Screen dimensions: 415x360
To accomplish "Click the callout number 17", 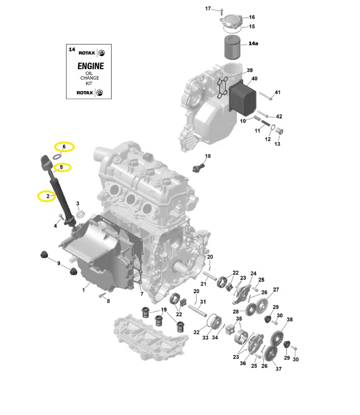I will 208,9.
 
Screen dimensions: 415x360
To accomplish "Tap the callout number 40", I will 254,79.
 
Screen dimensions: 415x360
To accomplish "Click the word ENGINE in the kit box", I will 91,66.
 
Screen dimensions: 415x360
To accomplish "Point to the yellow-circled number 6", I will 64,146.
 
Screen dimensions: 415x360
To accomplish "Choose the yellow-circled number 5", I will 62,167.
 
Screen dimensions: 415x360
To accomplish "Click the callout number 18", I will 208,156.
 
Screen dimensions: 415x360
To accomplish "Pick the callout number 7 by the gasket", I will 142,294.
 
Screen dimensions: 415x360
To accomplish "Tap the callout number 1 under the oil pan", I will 84,290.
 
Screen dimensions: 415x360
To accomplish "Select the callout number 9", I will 59,263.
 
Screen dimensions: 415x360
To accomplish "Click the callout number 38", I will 290,320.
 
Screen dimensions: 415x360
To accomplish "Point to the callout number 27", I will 276,290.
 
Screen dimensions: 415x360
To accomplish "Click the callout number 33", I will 205,338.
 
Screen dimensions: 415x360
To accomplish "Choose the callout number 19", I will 164,310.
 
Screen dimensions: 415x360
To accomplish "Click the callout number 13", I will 277,144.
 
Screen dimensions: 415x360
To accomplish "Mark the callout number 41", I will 277,92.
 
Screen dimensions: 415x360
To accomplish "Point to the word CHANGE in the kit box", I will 90,78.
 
